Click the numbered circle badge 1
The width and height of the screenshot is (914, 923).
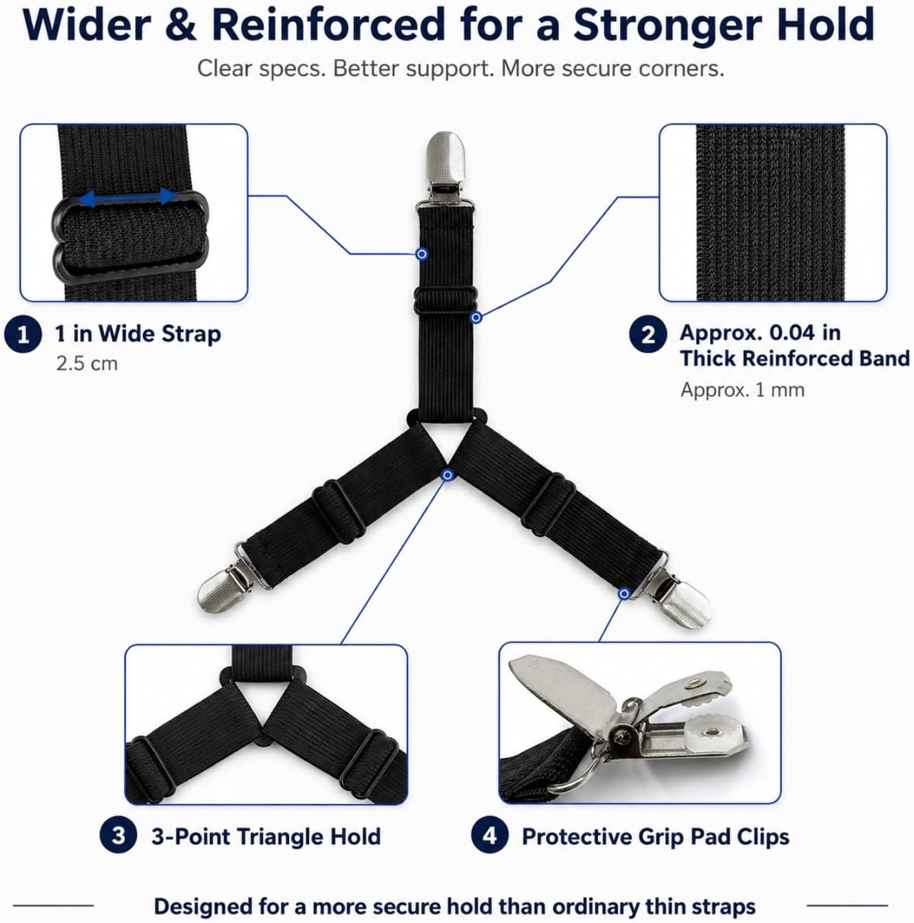pos(23,335)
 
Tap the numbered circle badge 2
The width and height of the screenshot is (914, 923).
pos(647,335)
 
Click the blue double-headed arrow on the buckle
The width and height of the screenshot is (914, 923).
pos(127,197)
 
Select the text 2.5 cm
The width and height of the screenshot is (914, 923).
pos(87,364)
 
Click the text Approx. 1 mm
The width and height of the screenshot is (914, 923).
pos(743,390)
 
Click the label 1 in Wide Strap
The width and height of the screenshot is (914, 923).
pos(138,334)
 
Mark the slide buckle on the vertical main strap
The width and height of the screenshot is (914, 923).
pos(446,301)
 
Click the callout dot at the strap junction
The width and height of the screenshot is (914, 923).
pos(447,475)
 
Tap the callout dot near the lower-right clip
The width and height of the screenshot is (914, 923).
pos(624,594)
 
